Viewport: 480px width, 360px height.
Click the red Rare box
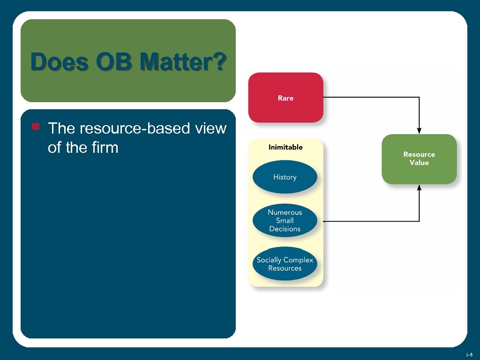tap(285, 97)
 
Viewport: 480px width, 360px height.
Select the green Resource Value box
tap(419, 159)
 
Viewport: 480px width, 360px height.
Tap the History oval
tap(285, 177)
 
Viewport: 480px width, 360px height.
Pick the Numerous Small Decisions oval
tap(285, 220)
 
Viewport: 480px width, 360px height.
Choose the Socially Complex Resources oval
tap(285, 264)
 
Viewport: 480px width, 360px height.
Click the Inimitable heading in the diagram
tap(285, 147)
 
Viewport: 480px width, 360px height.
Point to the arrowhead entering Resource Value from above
tap(419, 130)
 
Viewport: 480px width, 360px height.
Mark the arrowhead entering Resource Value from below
tap(419, 187)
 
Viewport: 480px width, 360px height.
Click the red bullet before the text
tap(35, 127)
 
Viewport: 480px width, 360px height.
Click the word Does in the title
tap(60, 62)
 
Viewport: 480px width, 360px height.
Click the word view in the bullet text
tap(210, 128)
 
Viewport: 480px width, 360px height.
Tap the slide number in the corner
tap(469, 354)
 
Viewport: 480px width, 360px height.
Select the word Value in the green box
tap(419, 163)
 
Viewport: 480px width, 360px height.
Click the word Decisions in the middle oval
tap(285, 229)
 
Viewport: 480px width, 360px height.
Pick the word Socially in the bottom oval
tap(269, 260)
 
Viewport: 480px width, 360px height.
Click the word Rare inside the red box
tap(285, 98)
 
